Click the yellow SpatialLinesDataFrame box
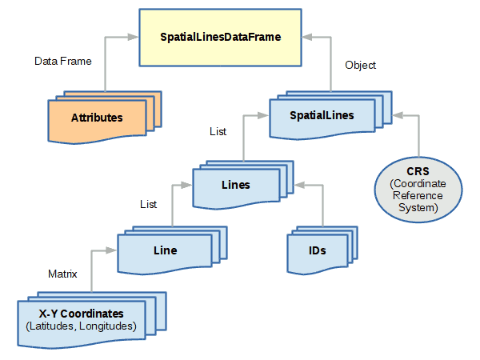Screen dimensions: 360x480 [220, 37]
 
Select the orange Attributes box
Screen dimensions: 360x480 [97, 118]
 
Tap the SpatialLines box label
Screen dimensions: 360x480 [322, 115]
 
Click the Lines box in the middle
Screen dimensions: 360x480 [235, 185]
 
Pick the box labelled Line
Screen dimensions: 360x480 [165, 250]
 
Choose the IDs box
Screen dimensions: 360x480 [317, 250]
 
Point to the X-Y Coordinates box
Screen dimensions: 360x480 [82, 319]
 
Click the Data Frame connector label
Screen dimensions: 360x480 [63, 61]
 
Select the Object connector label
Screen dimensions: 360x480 [360, 65]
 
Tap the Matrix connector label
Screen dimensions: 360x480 [63, 274]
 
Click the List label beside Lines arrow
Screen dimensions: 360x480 [148, 206]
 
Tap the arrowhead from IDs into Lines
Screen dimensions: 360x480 [298, 185]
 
